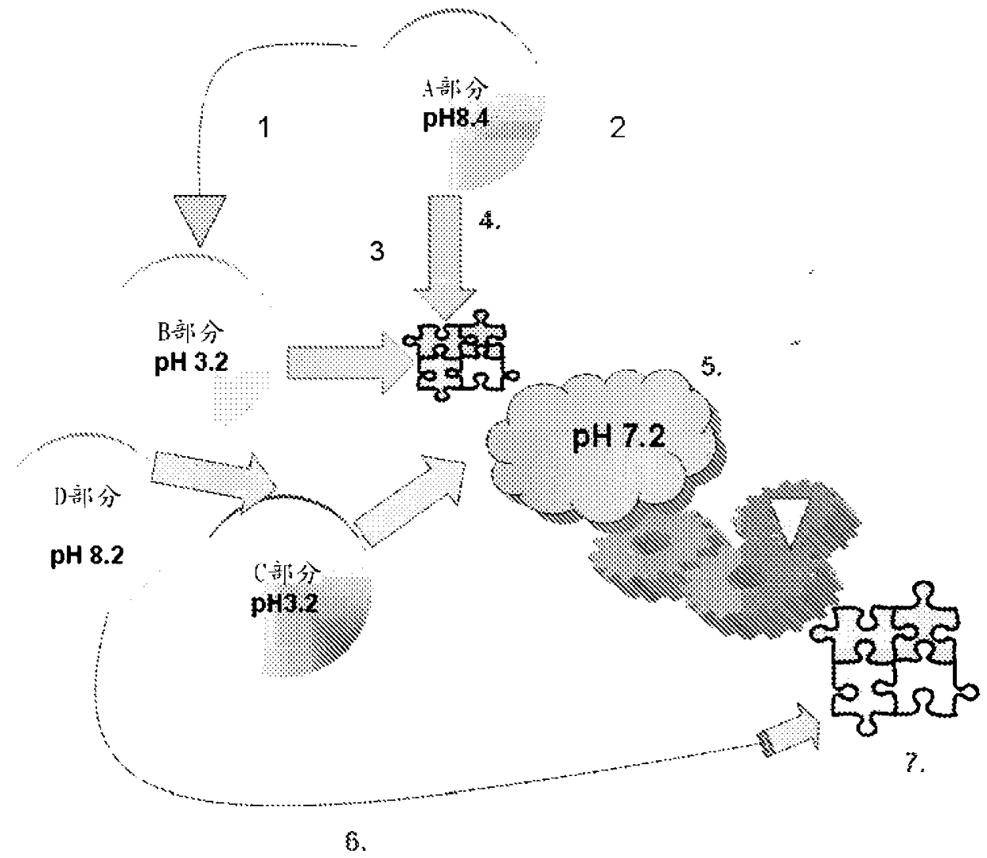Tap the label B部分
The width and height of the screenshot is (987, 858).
tap(192, 329)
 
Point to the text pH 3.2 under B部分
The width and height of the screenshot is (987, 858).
tap(191, 362)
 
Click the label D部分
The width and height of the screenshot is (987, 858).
tap(88, 497)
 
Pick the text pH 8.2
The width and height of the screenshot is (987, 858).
tap(87, 555)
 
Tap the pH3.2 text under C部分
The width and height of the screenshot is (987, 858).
tap(284, 603)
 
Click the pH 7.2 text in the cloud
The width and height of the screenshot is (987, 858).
tap(618, 436)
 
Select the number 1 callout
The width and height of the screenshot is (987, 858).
tap(264, 127)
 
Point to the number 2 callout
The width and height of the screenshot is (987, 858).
tap(618, 127)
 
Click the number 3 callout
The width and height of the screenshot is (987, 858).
tap(376, 251)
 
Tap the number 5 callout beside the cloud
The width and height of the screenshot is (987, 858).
tap(711, 367)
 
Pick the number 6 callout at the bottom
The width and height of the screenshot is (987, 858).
tap(356, 840)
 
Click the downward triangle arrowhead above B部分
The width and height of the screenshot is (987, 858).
tap(196, 219)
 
